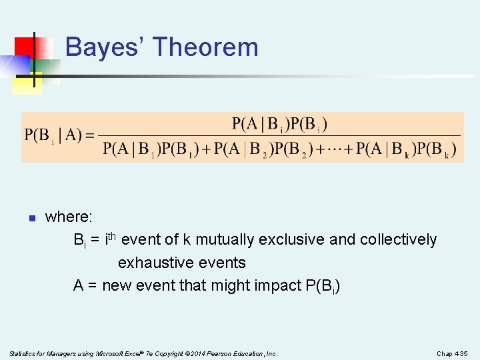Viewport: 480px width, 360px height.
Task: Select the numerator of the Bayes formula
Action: pyautogui.click(x=279, y=124)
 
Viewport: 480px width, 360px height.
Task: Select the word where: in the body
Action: pyautogui.click(x=69, y=217)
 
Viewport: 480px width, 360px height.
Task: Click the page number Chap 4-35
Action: pyautogui.click(x=453, y=353)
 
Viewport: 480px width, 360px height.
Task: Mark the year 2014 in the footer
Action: pyautogui.click(x=193, y=353)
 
